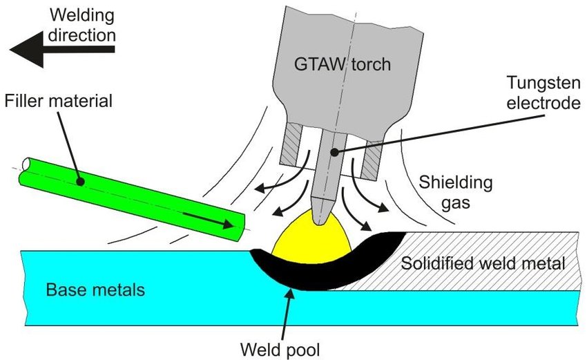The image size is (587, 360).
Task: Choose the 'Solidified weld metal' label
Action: (x=483, y=263)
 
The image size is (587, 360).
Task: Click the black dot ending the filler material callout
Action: (x=81, y=182)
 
